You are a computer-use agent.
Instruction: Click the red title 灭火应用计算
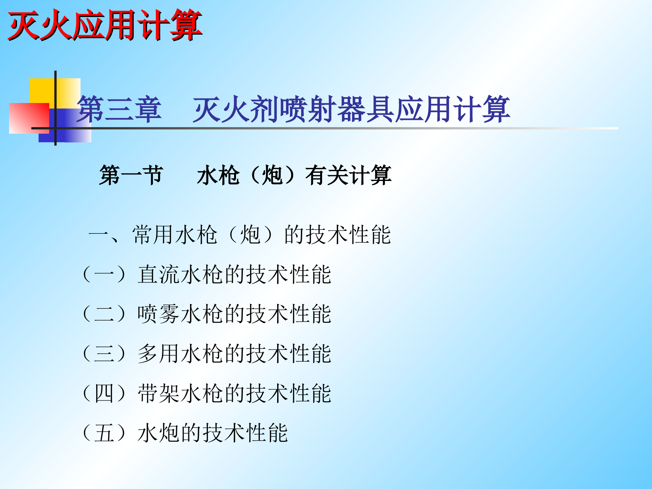[105, 25]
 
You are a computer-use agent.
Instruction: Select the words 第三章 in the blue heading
[119, 110]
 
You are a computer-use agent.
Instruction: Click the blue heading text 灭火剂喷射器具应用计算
[351, 110]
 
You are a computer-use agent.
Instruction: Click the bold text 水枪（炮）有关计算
[294, 175]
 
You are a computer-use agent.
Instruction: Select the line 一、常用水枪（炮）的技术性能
[240, 235]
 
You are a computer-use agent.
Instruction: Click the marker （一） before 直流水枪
[104, 274]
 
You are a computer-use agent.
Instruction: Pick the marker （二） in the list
[104, 314]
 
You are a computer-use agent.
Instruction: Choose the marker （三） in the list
[104, 354]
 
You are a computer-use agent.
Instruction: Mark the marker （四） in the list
[104, 393]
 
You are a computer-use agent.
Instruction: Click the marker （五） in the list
[104, 433]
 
